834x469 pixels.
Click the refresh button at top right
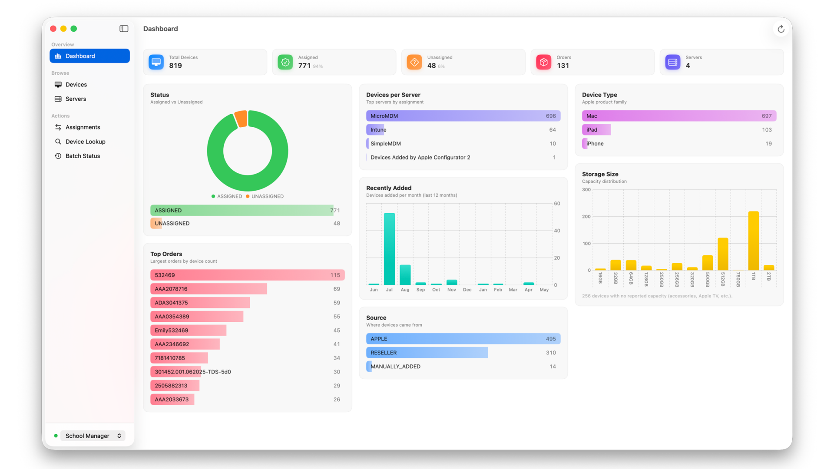(x=781, y=29)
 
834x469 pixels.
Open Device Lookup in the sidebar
(x=86, y=142)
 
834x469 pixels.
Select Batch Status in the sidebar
(x=83, y=156)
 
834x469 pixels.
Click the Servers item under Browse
(x=76, y=99)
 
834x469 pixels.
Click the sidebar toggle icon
(x=124, y=29)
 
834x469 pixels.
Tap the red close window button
(x=53, y=29)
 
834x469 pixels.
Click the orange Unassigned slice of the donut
(x=241, y=119)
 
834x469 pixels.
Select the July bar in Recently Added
(x=389, y=249)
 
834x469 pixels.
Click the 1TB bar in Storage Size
(x=754, y=241)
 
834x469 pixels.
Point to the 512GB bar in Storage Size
(x=723, y=254)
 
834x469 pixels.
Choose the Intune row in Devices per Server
(x=463, y=130)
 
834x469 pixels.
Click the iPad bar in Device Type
(x=596, y=130)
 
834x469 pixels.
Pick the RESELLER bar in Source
(x=427, y=353)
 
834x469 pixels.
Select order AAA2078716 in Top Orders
(x=208, y=289)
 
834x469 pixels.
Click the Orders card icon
(x=543, y=62)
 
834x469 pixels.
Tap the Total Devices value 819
(x=175, y=66)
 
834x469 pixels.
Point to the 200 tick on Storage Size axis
(x=586, y=217)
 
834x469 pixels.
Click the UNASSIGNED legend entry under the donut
(x=265, y=196)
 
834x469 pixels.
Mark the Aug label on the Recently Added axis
(x=405, y=290)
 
